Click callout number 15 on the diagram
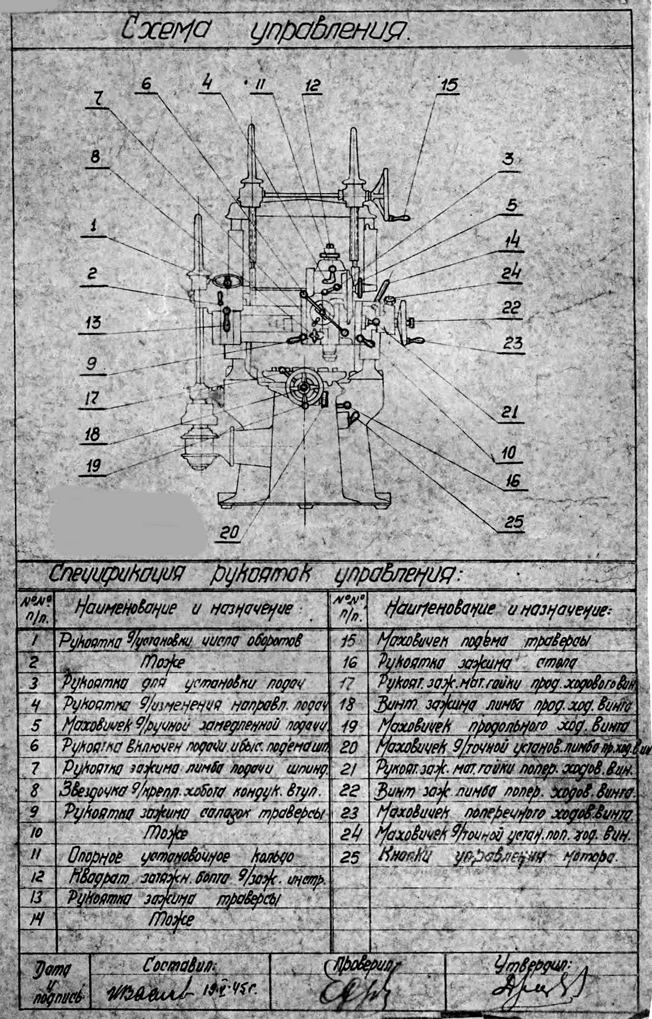tap(449, 84)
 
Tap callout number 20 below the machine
tap(229, 533)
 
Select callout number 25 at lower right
tap(513, 521)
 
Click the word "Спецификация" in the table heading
tap(115, 574)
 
